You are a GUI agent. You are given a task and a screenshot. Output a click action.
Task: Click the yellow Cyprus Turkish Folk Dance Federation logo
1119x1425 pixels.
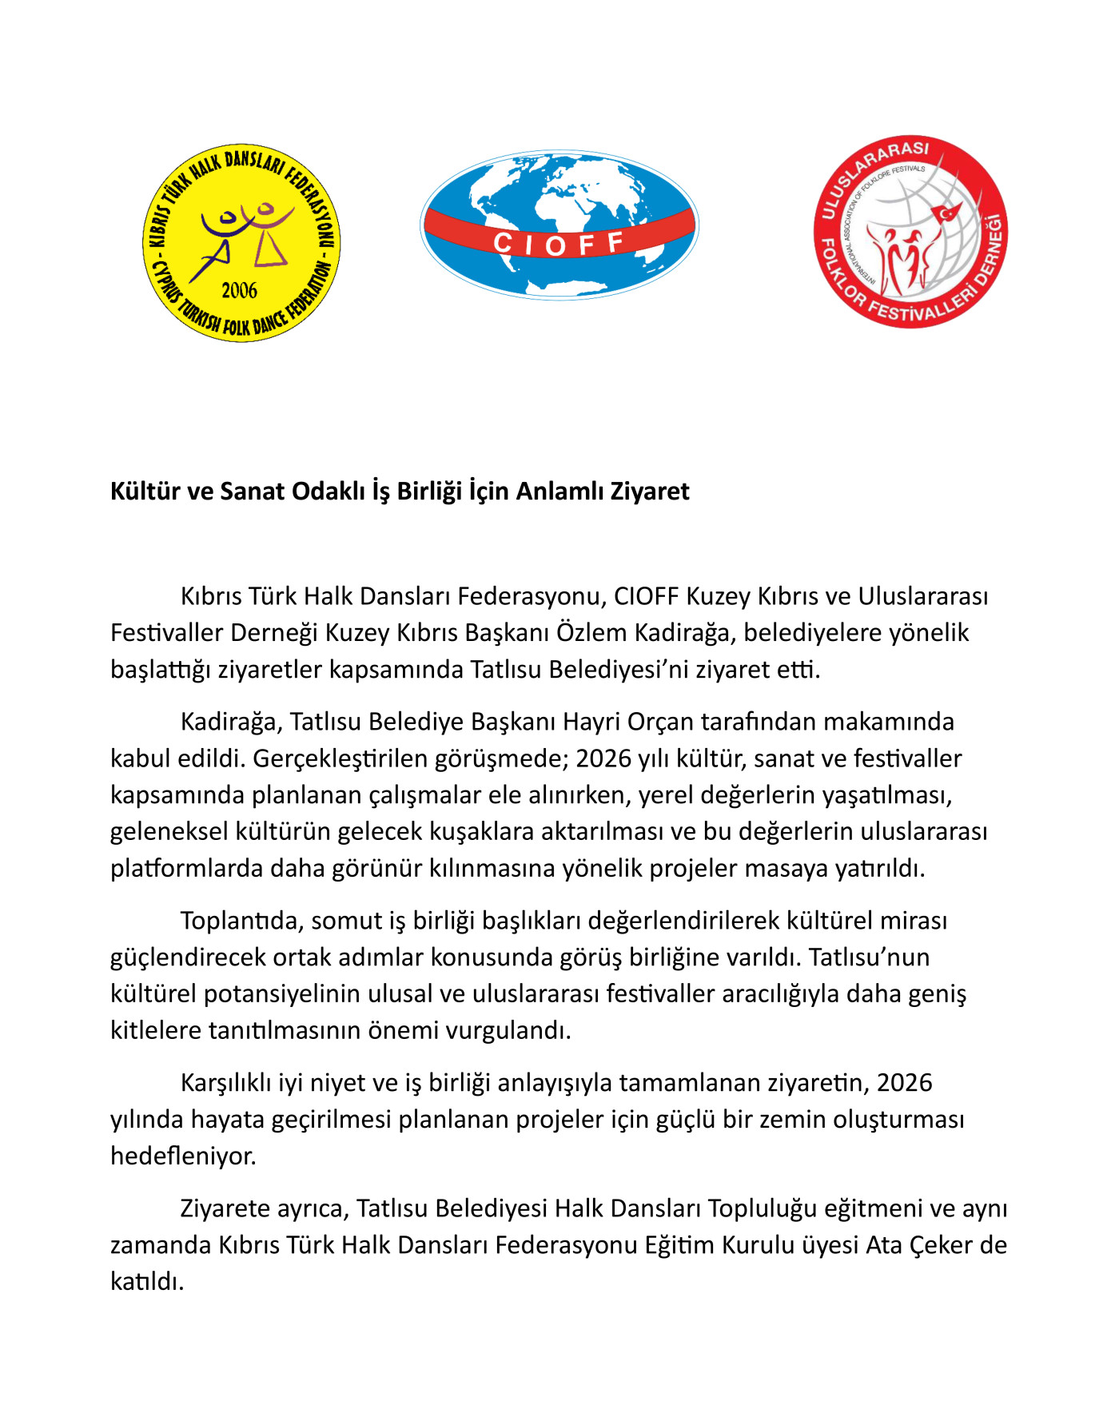point(241,243)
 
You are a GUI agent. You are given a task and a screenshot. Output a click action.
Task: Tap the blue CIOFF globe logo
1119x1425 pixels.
point(559,225)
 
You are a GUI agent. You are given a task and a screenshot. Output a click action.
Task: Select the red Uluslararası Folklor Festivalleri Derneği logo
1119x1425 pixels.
point(910,232)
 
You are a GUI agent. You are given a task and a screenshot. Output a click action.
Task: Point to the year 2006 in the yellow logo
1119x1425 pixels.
point(240,290)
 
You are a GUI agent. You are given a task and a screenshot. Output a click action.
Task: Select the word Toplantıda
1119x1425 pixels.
point(240,921)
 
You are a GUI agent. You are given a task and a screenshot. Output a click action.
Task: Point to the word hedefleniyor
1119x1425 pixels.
point(183,1156)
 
